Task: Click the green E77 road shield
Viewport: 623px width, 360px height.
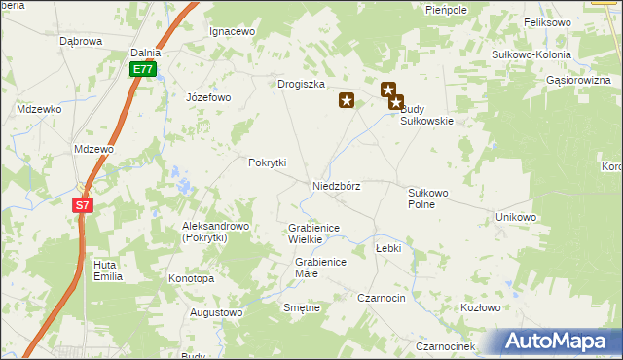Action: [143, 70]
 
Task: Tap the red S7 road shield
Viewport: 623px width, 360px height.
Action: [83, 205]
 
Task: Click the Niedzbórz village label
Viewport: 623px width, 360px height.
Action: [337, 186]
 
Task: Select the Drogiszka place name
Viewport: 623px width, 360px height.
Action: [300, 85]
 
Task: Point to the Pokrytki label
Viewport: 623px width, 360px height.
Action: [267, 162]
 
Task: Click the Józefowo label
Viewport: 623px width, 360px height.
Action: [208, 97]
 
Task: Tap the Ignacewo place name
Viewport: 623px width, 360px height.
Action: [232, 31]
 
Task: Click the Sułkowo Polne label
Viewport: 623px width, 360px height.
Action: [427, 198]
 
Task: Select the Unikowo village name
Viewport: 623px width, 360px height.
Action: [516, 217]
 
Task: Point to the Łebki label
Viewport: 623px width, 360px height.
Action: [387, 248]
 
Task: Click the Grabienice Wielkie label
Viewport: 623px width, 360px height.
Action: [312, 234]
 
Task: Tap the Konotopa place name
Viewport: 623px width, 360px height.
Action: [191, 278]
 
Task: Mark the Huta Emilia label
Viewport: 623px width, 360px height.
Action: [107, 270]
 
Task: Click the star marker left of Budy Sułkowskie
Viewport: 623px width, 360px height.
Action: [346, 99]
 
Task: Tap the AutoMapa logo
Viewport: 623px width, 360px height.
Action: [558, 342]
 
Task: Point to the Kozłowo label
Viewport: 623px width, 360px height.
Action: [479, 307]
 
